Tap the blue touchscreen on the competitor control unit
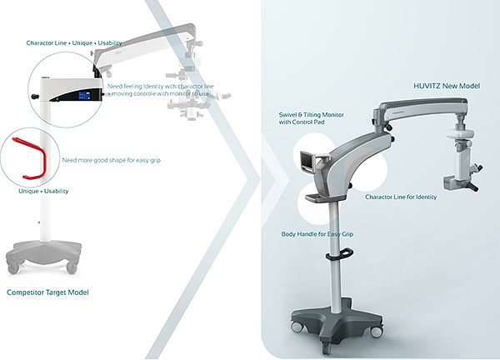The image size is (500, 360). [x=84, y=95]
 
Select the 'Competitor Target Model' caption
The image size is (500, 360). [x=47, y=292]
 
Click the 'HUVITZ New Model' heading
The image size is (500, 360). [x=447, y=86]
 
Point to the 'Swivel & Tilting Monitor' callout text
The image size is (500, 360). [x=311, y=115]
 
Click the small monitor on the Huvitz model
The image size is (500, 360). [x=308, y=162]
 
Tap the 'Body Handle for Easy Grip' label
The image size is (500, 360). [x=317, y=234]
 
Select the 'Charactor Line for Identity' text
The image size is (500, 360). [x=401, y=197]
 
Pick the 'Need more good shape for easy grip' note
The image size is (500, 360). [x=112, y=160]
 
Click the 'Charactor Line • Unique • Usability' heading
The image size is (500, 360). [x=74, y=43]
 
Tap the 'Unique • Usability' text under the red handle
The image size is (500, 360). [x=43, y=191]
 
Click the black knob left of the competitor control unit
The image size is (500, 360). [x=35, y=96]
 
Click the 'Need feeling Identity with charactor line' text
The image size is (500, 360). [x=160, y=87]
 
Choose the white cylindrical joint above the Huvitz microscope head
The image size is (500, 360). [x=459, y=133]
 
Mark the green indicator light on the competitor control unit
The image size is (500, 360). [x=57, y=99]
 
